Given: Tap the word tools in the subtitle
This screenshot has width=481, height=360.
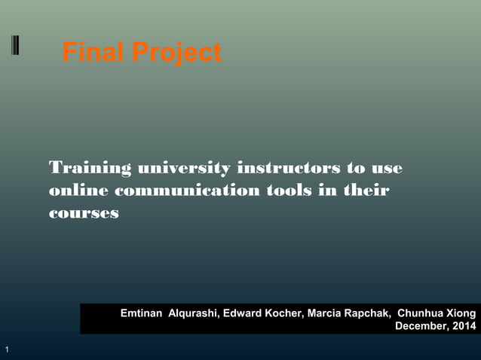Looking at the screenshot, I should (x=290, y=190).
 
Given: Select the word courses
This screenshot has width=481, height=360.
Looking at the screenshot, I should (x=84, y=213).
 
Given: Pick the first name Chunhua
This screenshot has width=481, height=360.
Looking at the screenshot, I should (x=421, y=313).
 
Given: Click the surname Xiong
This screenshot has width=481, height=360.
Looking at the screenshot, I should (x=461, y=313).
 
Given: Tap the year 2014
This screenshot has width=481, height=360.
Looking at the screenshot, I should (x=464, y=326).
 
